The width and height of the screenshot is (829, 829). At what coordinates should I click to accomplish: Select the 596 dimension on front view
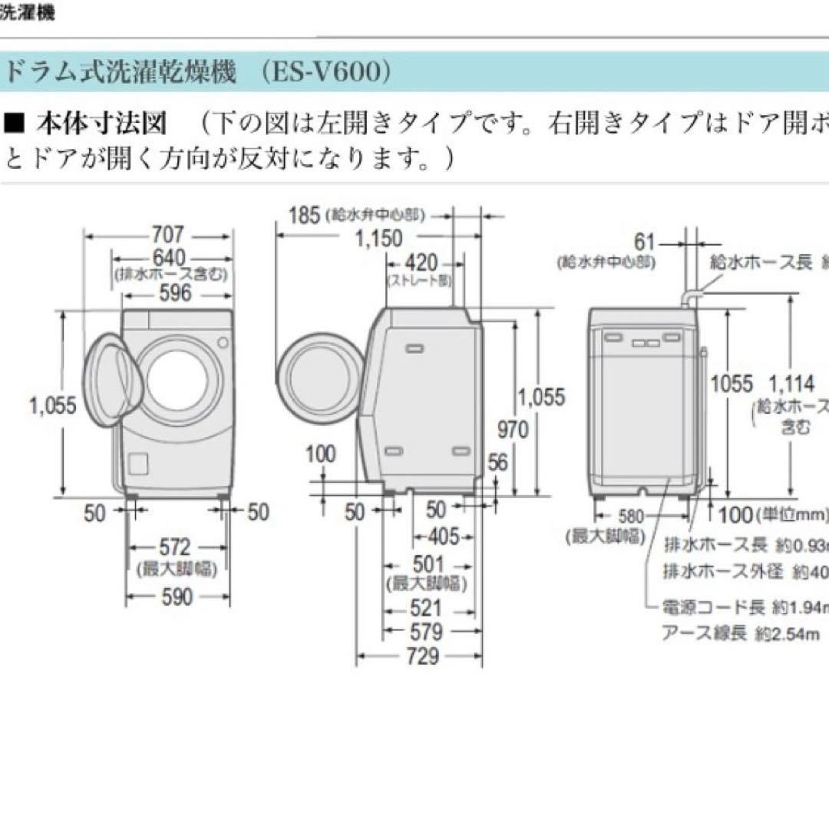(173, 292)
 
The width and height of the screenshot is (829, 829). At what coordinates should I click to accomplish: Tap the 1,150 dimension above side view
(378, 239)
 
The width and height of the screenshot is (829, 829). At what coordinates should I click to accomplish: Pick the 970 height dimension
(513, 428)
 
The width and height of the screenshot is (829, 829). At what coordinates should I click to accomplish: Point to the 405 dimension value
(441, 536)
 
